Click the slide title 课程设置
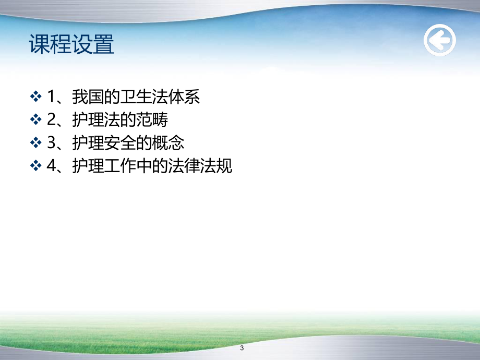72,45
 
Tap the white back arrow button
439,41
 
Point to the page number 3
242,348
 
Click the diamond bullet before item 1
36,97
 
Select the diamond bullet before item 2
36,120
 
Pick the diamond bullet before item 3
36,143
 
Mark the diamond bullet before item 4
36,166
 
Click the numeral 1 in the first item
51,97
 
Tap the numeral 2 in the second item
51,120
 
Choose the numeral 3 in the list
51,143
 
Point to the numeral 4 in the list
51,166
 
